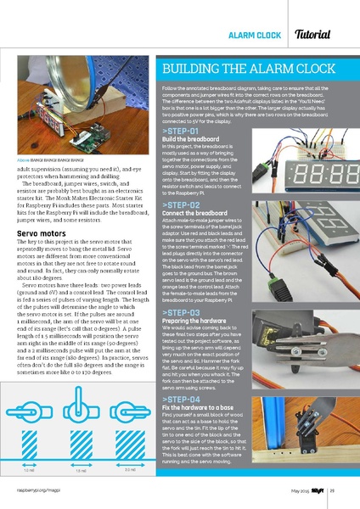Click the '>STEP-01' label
coord(180,131)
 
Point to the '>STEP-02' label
coord(180,205)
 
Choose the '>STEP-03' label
coord(180,313)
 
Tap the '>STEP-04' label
coord(180,398)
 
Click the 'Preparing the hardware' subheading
coord(194,322)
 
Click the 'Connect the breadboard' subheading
coord(194,214)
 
